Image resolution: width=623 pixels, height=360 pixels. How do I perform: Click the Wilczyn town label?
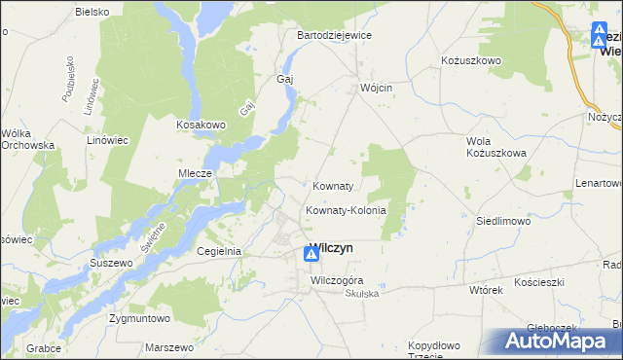[331, 248]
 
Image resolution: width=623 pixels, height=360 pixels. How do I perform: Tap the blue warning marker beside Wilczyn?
[311, 255]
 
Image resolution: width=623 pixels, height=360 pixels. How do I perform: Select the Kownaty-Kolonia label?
[347, 210]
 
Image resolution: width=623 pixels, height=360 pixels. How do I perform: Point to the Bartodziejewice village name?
[334, 35]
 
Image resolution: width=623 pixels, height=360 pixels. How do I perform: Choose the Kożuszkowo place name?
[470, 60]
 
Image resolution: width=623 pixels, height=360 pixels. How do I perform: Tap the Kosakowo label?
[201, 125]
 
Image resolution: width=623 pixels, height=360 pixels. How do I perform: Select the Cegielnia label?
[218, 250]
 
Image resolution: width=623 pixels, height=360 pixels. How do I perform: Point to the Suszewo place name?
[110, 264]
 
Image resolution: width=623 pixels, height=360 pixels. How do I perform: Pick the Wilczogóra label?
[336, 281]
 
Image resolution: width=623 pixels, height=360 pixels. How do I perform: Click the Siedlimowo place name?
[502, 221]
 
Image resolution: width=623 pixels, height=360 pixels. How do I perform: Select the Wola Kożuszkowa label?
[496, 147]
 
